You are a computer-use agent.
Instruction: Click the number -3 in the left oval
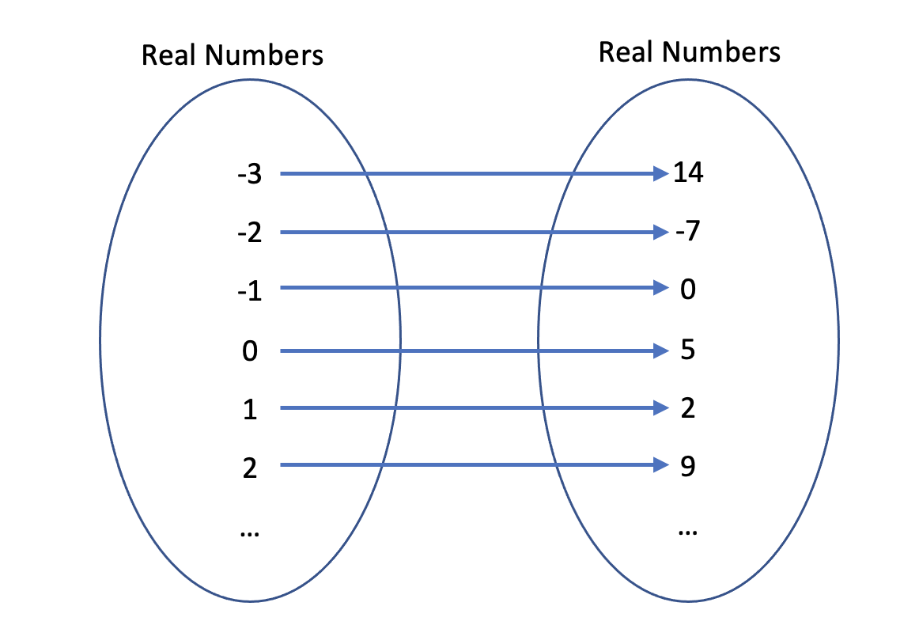click(x=249, y=175)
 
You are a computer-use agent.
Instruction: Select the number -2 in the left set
click(x=249, y=234)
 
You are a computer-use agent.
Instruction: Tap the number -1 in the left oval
click(x=249, y=290)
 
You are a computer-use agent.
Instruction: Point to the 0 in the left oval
click(x=250, y=350)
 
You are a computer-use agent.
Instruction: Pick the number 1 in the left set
click(x=250, y=410)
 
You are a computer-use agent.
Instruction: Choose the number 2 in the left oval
click(x=250, y=468)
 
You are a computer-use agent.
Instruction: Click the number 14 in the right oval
click(x=688, y=172)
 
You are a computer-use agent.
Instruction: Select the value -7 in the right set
click(x=686, y=233)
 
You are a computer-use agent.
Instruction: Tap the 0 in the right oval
click(x=687, y=290)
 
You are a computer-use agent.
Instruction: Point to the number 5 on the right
click(x=687, y=350)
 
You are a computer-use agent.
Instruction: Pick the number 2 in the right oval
click(x=687, y=408)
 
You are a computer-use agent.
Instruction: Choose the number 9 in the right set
click(x=687, y=467)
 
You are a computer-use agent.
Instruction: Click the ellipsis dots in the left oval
click(x=250, y=534)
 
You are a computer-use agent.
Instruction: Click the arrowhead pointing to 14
click(x=661, y=173)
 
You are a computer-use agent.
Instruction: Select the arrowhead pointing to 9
click(x=661, y=465)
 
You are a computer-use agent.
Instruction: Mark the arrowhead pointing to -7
click(x=661, y=233)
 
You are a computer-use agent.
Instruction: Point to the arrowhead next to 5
click(x=661, y=350)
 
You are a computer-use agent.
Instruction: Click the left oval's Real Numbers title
click(x=233, y=55)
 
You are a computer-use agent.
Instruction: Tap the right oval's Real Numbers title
click(x=689, y=51)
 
